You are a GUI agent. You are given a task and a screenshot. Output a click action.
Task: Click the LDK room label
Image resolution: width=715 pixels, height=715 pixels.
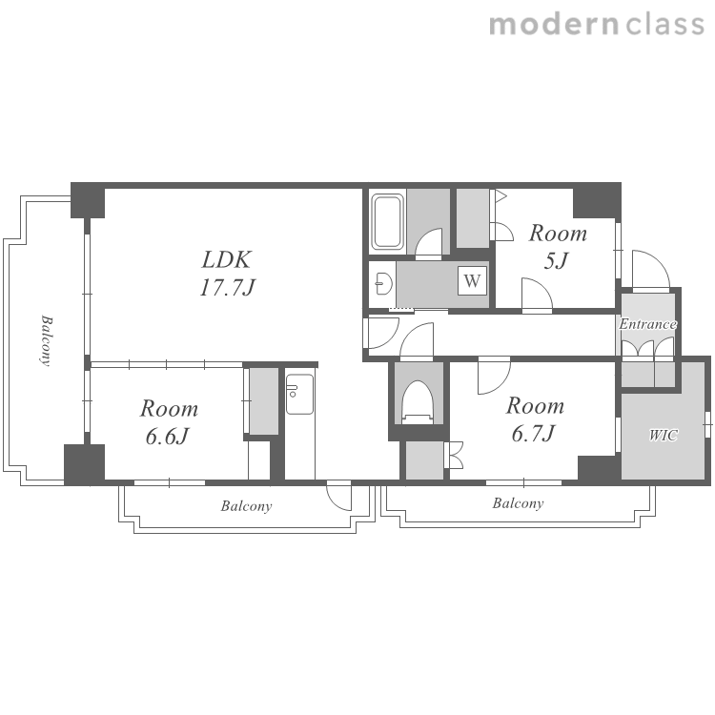pyautogui.click(x=226, y=260)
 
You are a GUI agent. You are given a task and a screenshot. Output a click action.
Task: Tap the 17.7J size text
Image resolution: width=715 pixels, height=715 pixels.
pyautogui.click(x=227, y=288)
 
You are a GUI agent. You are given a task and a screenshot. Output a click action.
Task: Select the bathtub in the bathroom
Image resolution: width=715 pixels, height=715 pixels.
pyautogui.click(x=387, y=222)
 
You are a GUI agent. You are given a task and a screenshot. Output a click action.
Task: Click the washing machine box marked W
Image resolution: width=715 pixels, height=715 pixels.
pyautogui.click(x=473, y=280)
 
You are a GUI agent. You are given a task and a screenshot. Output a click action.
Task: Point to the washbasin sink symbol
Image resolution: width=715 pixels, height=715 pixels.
pyautogui.click(x=384, y=284)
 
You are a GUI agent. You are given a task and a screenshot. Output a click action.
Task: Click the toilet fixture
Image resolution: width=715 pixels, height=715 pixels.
pyautogui.click(x=417, y=402)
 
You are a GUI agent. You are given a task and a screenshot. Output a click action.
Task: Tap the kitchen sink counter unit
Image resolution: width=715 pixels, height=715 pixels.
pyautogui.click(x=299, y=394)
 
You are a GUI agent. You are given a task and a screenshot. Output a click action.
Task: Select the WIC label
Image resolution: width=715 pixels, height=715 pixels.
pyautogui.click(x=664, y=436)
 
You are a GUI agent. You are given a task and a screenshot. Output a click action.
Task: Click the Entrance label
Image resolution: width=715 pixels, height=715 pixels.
pyautogui.click(x=647, y=324)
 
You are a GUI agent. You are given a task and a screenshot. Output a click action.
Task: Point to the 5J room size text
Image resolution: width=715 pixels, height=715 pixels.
pyautogui.click(x=557, y=261)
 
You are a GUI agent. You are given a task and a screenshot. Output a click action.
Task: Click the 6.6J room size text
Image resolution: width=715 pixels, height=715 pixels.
pyautogui.click(x=168, y=437)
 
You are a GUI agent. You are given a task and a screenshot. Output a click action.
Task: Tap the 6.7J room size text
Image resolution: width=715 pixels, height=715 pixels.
pyautogui.click(x=533, y=433)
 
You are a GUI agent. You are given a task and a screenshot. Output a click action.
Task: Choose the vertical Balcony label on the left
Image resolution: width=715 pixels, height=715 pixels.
pyautogui.click(x=46, y=340)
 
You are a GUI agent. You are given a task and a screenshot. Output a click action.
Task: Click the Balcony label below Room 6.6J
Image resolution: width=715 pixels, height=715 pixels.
pyautogui.click(x=246, y=506)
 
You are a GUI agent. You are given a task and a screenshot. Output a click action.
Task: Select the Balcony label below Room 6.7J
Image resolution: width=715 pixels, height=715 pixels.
pyautogui.click(x=518, y=503)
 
